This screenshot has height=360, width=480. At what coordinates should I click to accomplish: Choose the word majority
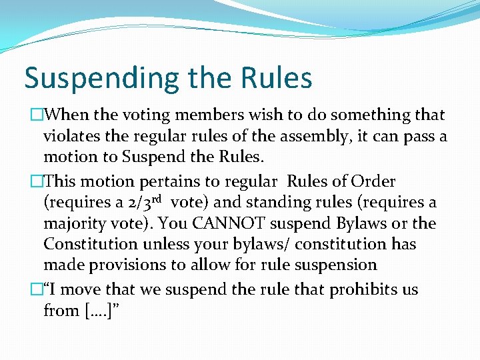[75, 224]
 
